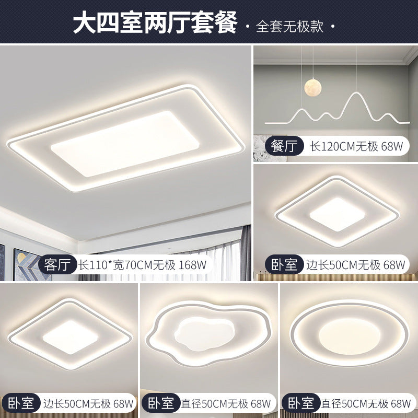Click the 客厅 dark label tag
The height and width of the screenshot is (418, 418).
[x=57, y=264]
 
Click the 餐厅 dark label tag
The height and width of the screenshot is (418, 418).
[x=284, y=147]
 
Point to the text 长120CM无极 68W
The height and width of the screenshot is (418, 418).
[x=350, y=147]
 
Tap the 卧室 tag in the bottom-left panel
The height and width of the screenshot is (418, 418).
[x=20, y=403]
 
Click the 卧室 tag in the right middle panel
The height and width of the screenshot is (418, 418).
[x=284, y=264]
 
